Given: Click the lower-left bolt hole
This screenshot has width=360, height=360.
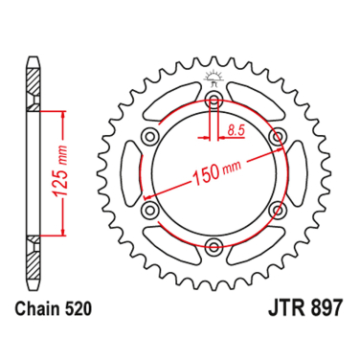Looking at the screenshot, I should pos(149,208).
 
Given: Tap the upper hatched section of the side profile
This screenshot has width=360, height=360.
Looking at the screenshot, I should pos(34,92).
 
